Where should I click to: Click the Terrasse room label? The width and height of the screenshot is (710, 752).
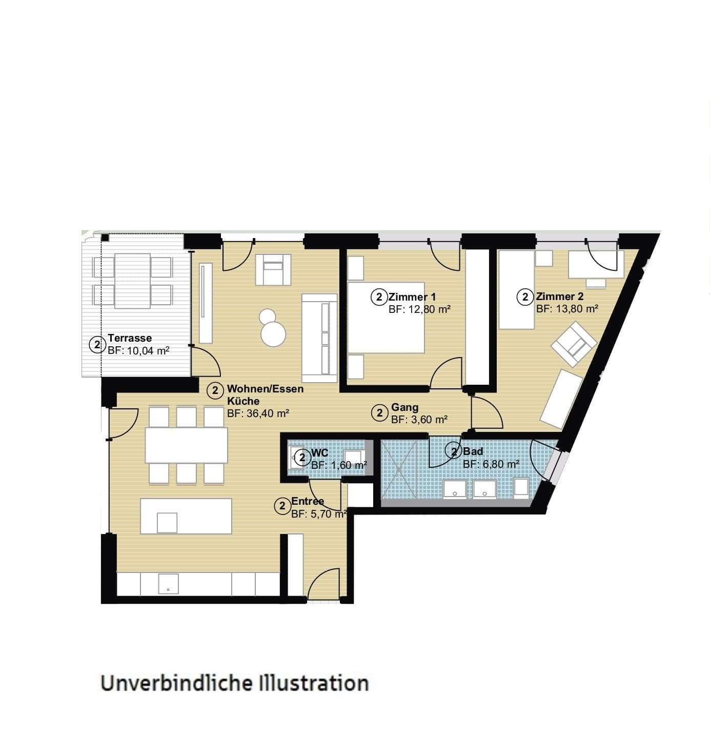pyautogui.click(x=130, y=338)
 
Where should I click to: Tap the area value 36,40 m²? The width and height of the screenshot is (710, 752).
pyautogui.click(x=258, y=413)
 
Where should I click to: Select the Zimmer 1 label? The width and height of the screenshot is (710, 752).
pyautogui.click(x=412, y=296)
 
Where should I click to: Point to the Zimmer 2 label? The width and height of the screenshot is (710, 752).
pyautogui.click(x=559, y=296)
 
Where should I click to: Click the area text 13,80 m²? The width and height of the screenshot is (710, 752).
pyautogui.click(x=567, y=309)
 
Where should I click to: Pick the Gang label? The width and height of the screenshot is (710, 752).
pyautogui.click(x=404, y=407)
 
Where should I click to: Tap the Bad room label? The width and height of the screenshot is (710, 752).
pyautogui.click(x=473, y=451)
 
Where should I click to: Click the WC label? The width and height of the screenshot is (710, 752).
pyautogui.click(x=319, y=453)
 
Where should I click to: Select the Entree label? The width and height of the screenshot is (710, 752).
pyautogui.click(x=308, y=501)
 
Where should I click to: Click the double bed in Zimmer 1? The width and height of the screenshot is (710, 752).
pyautogui.click(x=386, y=317)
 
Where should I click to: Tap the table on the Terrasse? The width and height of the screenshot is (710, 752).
pyautogui.click(x=132, y=281)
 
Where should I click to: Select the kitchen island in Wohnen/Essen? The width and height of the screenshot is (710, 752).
pyautogui.click(x=186, y=516)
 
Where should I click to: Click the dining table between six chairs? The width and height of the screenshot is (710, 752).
pyautogui.click(x=186, y=445)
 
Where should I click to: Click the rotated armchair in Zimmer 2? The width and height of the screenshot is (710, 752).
pyautogui.click(x=573, y=344)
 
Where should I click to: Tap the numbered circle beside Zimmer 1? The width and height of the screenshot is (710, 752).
pyautogui.click(x=379, y=297)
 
